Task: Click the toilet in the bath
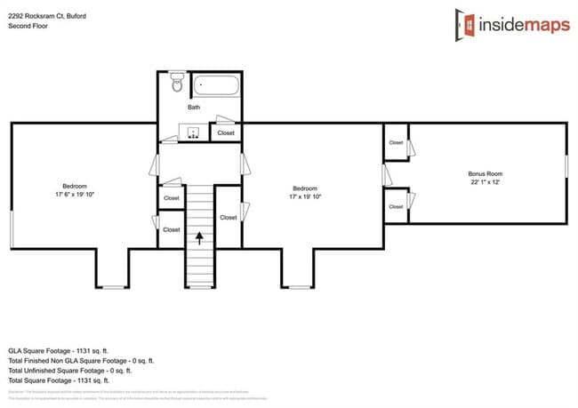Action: (176, 83)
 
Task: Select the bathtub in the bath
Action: (217, 86)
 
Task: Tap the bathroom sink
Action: (194, 132)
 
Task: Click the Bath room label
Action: (193, 108)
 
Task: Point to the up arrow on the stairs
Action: (199, 236)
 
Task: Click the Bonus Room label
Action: (486, 173)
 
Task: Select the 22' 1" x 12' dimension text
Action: (486, 182)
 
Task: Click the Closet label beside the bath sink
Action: (226, 133)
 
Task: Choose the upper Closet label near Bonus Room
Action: (395, 142)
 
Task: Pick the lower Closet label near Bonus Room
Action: (395, 206)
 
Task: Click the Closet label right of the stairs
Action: (228, 217)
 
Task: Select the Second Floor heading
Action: (28, 27)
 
